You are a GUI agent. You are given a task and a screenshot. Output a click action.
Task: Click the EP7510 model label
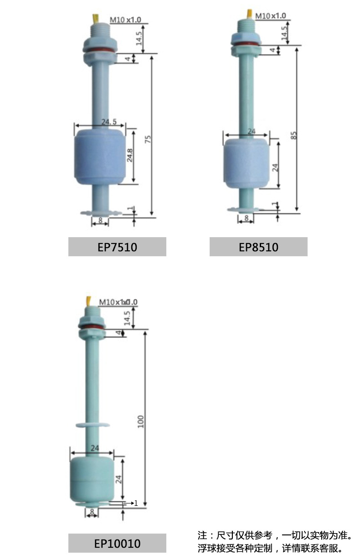pyautogui.click(x=117, y=247)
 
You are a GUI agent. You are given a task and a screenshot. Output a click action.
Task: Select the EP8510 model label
pyautogui.click(x=258, y=247)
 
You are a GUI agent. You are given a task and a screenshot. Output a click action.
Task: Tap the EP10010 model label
pyautogui.click(x=117, y=543)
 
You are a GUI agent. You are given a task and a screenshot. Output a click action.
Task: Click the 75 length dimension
pyautogui.click(x=148, y=139)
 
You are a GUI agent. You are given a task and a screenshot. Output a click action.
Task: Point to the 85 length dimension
pyautogui.click(x=294, y=135)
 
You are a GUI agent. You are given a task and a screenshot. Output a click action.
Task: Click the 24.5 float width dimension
pyautogui.click(x=109, y=122)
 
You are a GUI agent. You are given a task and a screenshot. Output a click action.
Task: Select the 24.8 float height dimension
pyautogui.click(x=130, y=156)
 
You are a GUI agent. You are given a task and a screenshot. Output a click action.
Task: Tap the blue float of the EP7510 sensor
pyautogui.click(x=99, y=157)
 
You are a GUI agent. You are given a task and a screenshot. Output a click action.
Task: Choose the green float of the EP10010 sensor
pyautogui.click(x=91, y=479)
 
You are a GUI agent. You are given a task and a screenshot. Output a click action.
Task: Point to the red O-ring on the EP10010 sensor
pyautogui.click(x=92, y=327)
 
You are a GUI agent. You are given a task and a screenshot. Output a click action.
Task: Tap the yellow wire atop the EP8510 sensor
pyautogui.click(x=249, y=14)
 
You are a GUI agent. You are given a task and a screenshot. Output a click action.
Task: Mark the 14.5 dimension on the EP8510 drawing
pyautogui.click(x=285, y=34)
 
